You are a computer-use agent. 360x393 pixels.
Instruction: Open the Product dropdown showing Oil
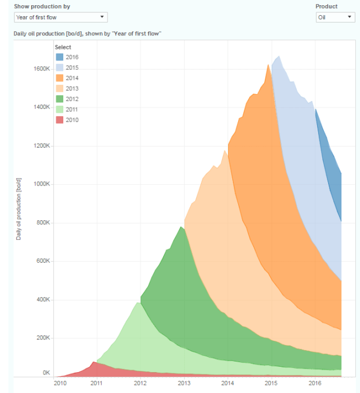coord(335,17)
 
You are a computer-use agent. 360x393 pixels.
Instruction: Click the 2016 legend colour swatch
coord(59,57)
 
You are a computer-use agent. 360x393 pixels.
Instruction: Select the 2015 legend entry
coord(72,67)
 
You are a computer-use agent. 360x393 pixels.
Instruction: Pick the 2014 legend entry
coord(72,78)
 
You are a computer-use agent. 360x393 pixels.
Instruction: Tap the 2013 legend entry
coord(72,88)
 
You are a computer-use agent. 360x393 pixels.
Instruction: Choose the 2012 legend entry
coord(72,99)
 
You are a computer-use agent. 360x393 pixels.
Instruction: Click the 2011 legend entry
coord(72,109)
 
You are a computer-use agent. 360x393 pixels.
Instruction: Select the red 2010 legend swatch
coord(59,120)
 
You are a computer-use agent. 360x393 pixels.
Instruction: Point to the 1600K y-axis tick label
coord(42,69)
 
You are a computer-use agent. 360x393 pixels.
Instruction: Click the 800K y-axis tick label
coord(44,223)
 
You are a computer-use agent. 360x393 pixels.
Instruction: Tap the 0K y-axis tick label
coord(46,373)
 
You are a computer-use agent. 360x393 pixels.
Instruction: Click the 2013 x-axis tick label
coord(184,383)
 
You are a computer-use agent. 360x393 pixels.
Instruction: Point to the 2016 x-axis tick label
coord(315,383)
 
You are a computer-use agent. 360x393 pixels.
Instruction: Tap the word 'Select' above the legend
coord(63,47)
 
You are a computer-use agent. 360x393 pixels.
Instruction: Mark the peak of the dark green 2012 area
coord(181,227)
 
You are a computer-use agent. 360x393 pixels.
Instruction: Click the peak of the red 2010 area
coord(93,362)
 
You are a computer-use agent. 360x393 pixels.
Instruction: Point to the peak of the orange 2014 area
coord(268,65)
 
